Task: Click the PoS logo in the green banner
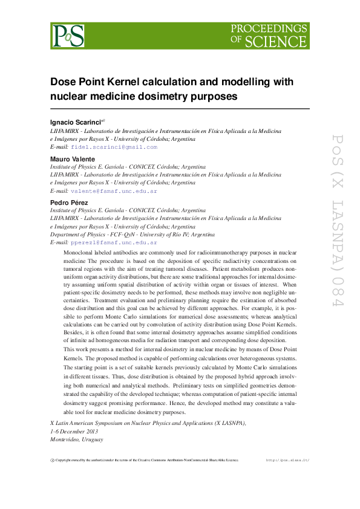[x=68, y=36]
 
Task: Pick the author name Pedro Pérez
[x=68, y=203]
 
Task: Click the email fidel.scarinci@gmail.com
[x=114, y=147]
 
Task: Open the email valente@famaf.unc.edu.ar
[x=114, y=190]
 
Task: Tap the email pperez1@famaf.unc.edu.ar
[x=114, y=242]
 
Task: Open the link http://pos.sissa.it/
[x=287, y=460]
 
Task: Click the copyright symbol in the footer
[x=52, y=460]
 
